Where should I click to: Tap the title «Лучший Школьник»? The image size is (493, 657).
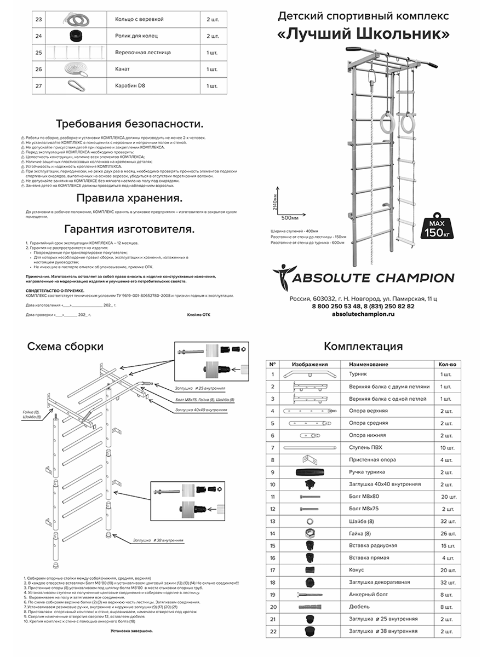pyautogui.click(x=364, y=34)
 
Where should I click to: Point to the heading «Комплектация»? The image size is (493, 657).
pyautogui.click(x=363, y=347)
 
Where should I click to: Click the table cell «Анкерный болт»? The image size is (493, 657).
pyautogui.click(x=366, y=594)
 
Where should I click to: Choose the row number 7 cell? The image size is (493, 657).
pyautogui.click(x=272, y=447)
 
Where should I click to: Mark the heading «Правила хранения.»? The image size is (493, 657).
pyautogui.click(x=129, y=198)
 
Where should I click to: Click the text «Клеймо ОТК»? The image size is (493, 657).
pyautogui.click(x=198, y=315)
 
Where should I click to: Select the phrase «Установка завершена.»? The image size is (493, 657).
pyautogui.click(x=131, y=631)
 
